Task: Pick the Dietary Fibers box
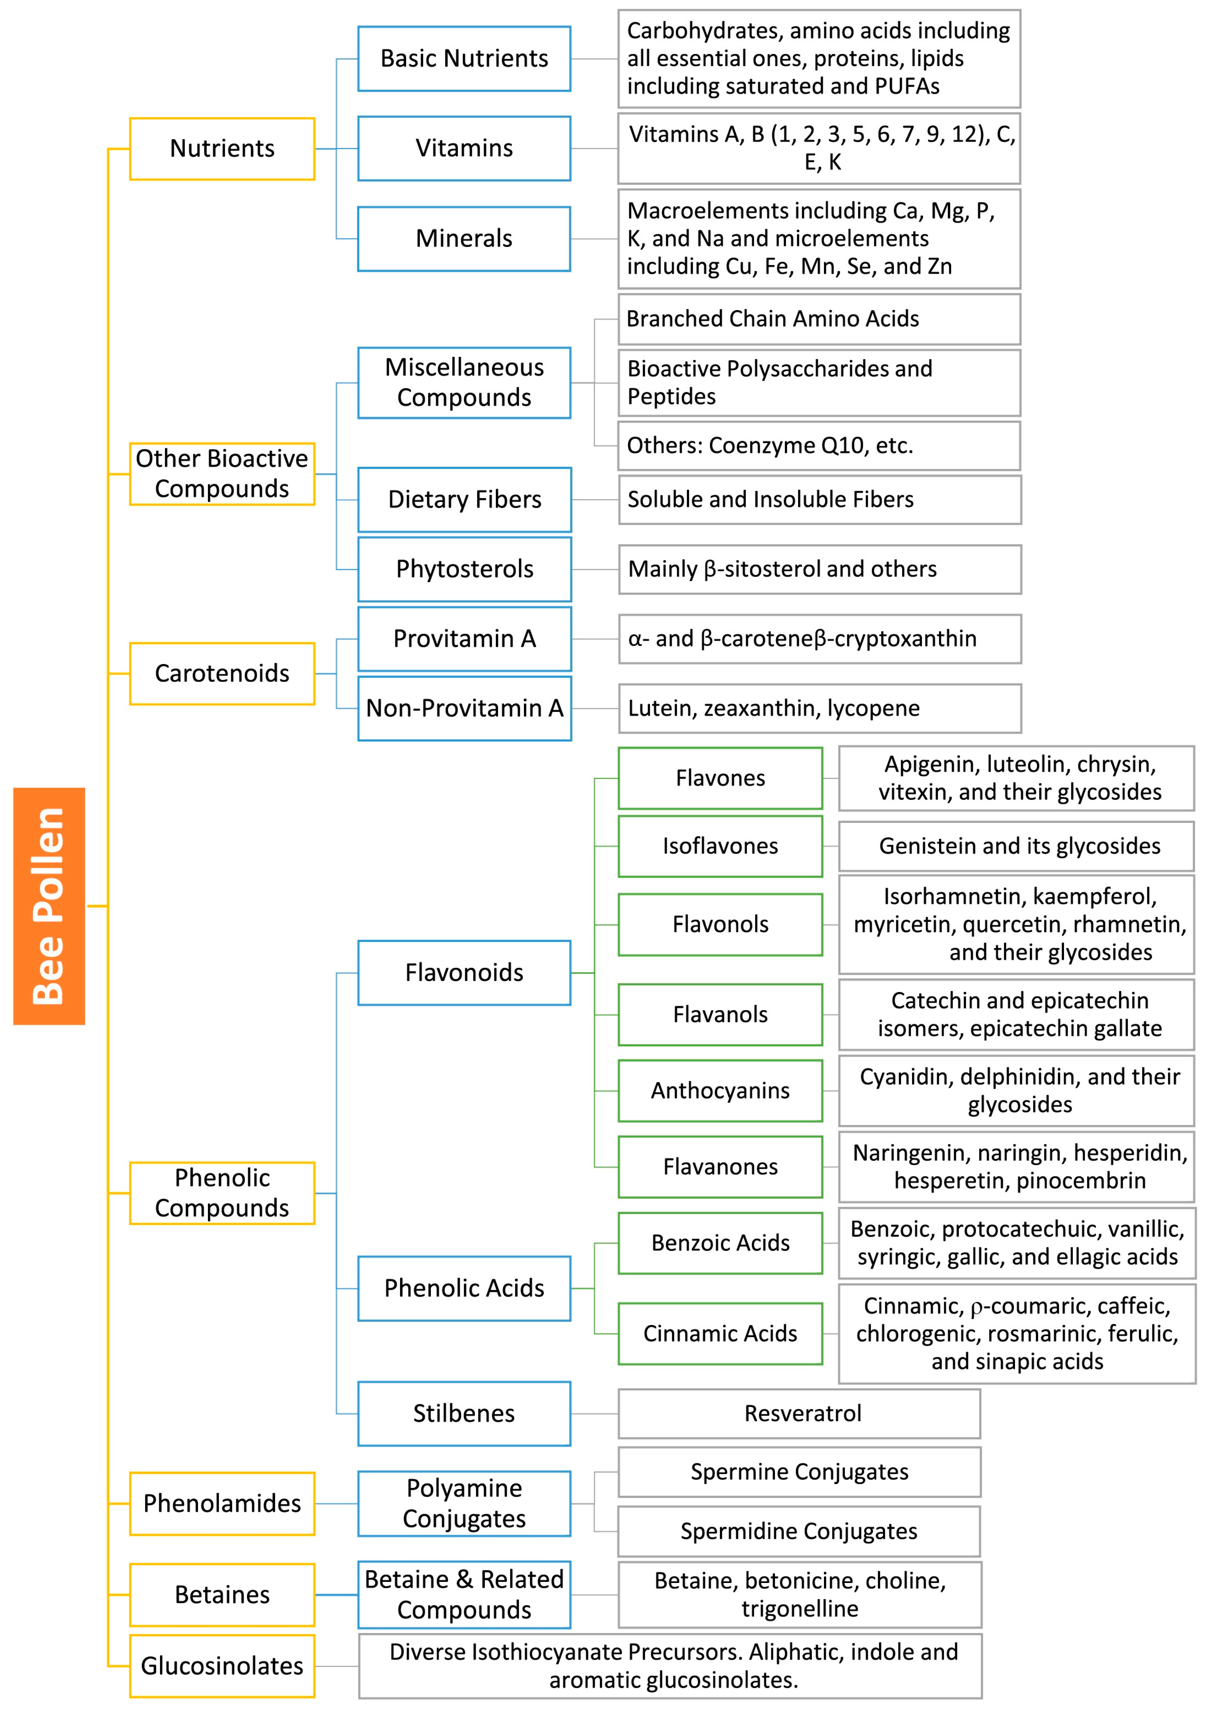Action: [x=464, y=499]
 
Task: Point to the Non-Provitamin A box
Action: [x=464, y=708]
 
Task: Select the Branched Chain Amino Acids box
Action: [x=819, y=318]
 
